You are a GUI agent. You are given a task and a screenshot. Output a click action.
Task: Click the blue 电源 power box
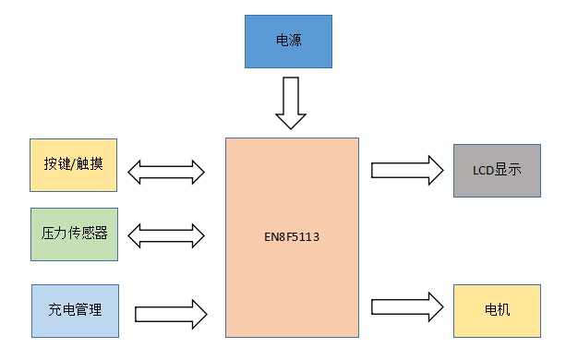(x=287, y=42)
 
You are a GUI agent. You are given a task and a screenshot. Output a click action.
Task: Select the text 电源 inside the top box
(x=287, y=42)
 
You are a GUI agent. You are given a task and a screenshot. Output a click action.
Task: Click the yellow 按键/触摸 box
(x=74, y=165)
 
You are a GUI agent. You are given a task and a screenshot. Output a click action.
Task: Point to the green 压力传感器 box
(x=74, y=234)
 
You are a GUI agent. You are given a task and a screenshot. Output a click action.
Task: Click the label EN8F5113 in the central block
(x=292, y=237)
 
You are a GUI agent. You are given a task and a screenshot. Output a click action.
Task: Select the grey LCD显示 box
(x=496, y=171)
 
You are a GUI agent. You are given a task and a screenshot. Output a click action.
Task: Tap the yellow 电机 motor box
(x=496, y=310)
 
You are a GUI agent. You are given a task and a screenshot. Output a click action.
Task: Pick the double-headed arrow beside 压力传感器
(x=166, y=235)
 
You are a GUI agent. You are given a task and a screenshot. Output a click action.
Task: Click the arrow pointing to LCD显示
(x=406, y=170)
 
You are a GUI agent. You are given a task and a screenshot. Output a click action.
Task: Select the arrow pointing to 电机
(x=406, y=306)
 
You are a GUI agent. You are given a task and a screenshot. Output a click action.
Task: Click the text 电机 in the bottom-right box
(x=497, y=310)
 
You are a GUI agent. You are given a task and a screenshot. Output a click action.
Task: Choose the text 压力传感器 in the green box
(x=75, y=234)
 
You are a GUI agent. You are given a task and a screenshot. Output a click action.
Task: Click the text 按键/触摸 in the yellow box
(x=74, y=165)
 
